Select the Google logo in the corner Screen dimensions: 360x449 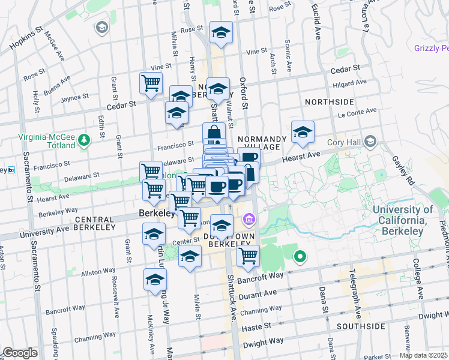20,353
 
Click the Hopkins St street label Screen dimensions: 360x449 26,36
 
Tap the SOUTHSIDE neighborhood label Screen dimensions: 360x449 360,326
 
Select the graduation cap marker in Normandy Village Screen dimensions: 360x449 303,133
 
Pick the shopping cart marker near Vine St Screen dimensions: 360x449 151,83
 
